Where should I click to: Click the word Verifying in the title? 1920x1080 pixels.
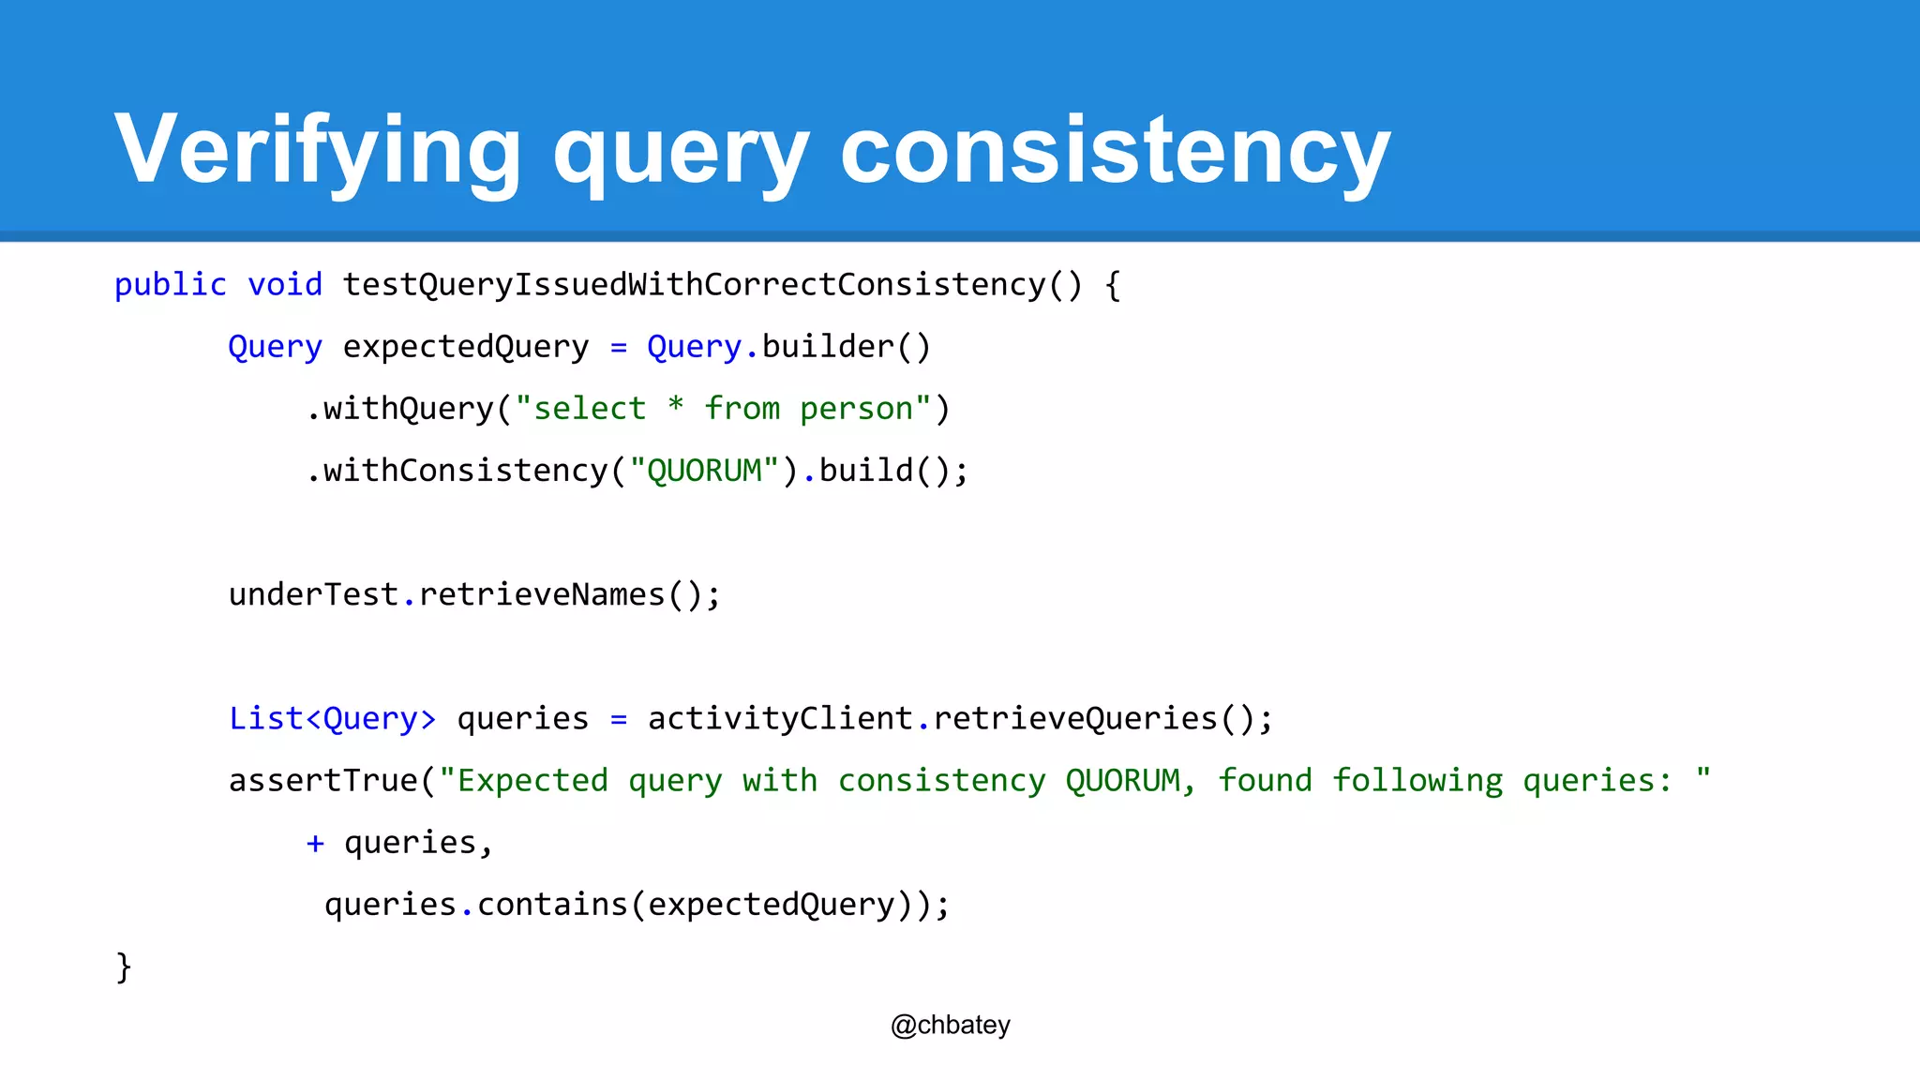pos(317,150)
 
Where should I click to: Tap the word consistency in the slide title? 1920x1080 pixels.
pos(1115,150)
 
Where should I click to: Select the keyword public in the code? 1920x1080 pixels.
pos(171,284)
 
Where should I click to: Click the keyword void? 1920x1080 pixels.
pos(285,284)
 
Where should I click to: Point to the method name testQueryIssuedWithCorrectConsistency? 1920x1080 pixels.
pos(694,284)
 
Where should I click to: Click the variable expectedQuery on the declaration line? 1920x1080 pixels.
pos(466,347)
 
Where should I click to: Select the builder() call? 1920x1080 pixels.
pos(847,347)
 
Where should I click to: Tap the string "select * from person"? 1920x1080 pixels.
pos(723,409)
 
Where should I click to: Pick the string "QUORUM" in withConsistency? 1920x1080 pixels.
pos(704,471)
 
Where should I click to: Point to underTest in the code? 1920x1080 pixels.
pos(314,594)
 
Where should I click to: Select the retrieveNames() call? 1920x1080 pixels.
pos(570,594)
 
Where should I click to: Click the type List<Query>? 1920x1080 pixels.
pos(333,719)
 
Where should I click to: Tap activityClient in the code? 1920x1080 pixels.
pos(780,719)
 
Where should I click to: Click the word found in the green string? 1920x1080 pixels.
pos(1265,781)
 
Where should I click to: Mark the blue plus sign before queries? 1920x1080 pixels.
pos(315,844)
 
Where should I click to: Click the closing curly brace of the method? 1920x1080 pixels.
pos(124,967)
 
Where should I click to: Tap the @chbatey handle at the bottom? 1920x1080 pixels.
pos(951,1026)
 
